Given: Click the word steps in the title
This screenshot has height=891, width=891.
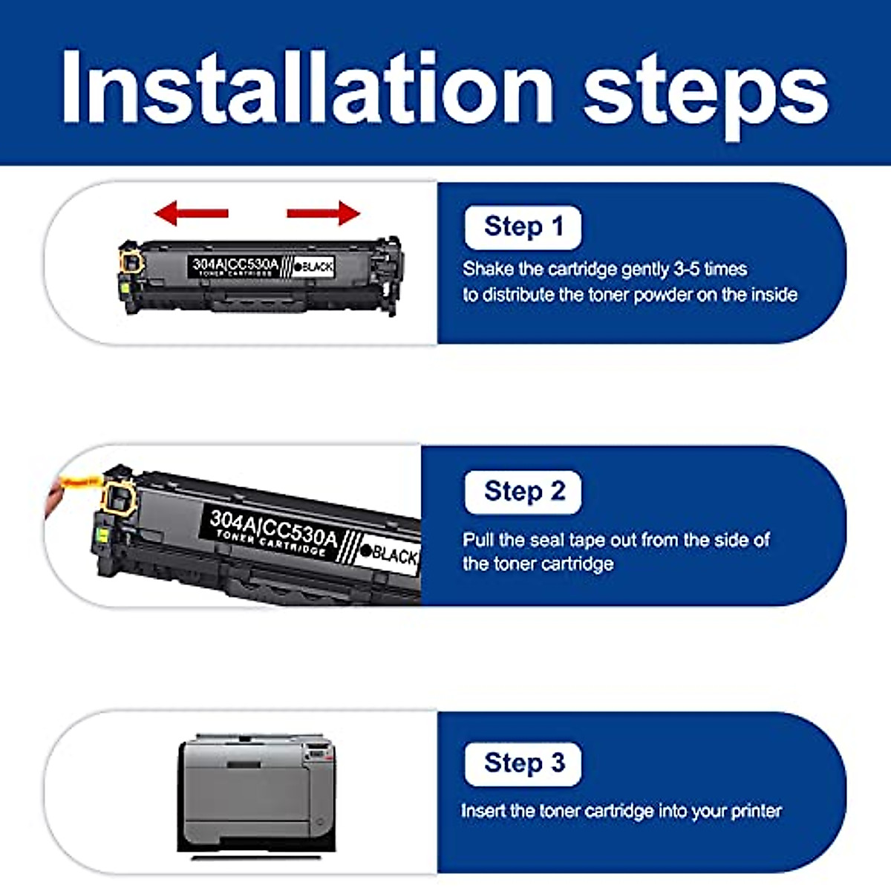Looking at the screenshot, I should point(705,93).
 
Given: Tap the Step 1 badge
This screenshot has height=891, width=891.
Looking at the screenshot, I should point(523,227).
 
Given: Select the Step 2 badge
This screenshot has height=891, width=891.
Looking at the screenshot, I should point(523,492).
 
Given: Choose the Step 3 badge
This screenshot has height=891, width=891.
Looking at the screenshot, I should point(523,763).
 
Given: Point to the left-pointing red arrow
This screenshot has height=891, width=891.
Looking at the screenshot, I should point(191,213).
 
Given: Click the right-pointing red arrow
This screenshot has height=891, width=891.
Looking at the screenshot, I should point(324,213).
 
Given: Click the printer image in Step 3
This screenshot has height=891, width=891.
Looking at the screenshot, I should point(256,794).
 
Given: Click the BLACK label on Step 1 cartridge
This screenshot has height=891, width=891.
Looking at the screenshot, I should point(313,267).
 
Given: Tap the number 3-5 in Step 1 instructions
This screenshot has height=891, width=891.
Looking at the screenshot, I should point(686,269).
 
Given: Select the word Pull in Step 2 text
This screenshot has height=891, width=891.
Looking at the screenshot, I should point(478,539).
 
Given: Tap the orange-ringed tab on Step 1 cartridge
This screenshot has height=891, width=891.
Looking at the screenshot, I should point(131,262).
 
